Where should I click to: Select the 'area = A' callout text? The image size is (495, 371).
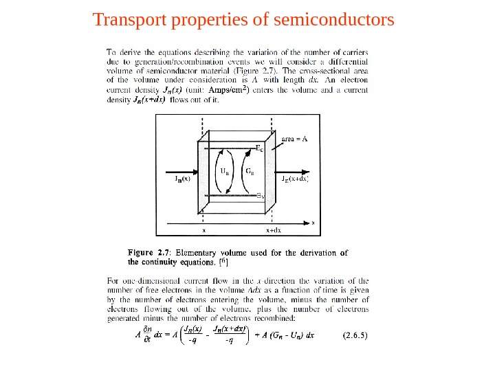296,138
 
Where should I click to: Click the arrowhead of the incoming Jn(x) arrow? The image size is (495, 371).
195,173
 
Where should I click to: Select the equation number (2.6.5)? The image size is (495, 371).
355,336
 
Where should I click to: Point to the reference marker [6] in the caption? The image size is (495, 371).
223,261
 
